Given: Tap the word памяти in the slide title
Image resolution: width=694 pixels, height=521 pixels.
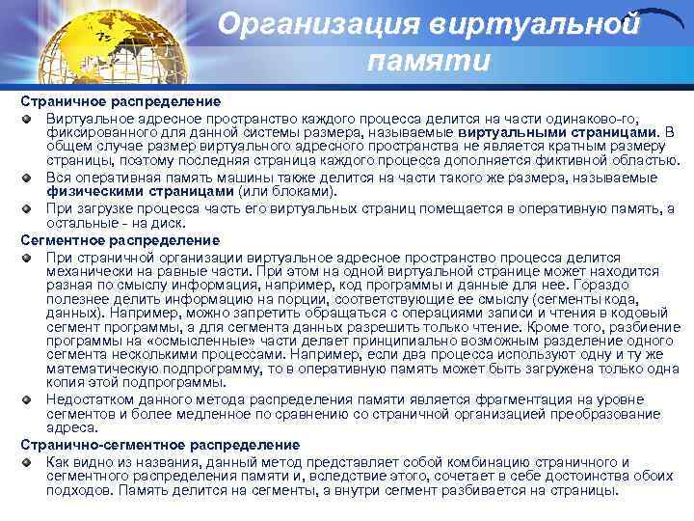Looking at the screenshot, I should coord(429,62).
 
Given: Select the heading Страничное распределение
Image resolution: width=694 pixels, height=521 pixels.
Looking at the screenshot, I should coord(120,101).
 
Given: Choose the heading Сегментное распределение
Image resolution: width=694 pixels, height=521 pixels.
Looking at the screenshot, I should coord(120,239).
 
